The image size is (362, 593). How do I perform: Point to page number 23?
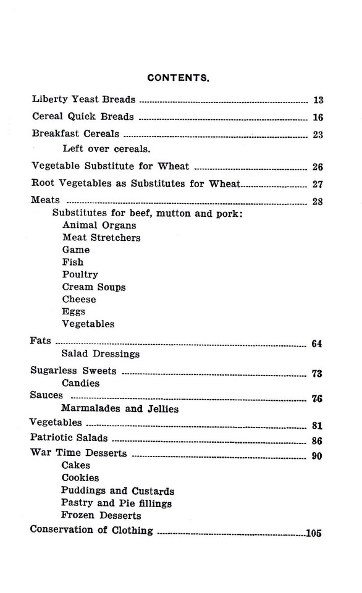click(x=318, y=134)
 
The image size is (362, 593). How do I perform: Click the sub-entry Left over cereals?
click(x=106, y=148)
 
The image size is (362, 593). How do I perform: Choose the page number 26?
click(x=318, y=167)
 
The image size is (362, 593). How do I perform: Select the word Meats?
click(x=45, y=200)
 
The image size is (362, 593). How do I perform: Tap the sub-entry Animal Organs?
click(x=99, y=225)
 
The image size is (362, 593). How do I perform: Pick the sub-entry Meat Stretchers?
click(x=101, y=238)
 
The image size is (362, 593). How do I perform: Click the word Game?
click(x=76, y=250)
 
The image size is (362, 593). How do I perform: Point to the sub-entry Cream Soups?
click(x=94, y=287)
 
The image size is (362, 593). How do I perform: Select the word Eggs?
click(x=74, y=312)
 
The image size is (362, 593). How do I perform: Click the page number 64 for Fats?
click(x=317, y=344)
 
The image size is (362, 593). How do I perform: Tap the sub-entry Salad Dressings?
click(x=101, y=354)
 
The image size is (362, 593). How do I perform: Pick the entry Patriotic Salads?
click(x=69, y=438)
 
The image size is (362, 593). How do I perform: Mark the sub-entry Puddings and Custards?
click(x=117, y=491)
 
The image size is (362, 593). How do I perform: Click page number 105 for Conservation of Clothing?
click(x=314, y=534)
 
